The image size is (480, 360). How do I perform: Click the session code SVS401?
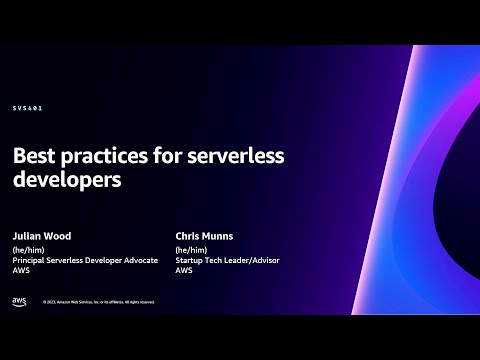[28, 107]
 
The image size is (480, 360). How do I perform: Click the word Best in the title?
[37, 156]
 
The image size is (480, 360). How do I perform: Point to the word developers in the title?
[67, 183]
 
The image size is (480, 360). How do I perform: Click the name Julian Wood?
[42, 236]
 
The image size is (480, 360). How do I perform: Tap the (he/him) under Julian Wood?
[31, 250]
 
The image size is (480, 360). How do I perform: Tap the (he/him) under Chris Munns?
[191, 250]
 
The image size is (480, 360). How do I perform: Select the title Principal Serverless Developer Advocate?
[86, 261]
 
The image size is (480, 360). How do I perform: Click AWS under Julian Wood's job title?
[21, 272]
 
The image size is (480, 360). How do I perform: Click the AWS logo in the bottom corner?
[20, 301]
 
